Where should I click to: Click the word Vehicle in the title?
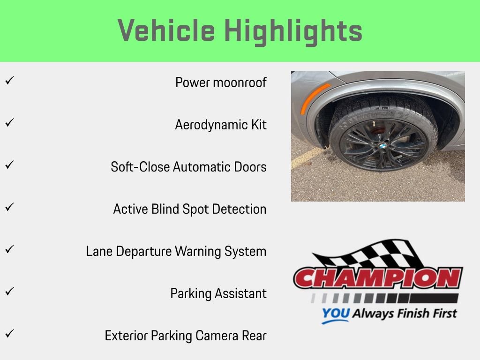166,30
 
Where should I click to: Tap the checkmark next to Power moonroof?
10,81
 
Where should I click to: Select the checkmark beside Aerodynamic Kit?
10,123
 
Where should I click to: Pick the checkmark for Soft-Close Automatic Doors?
10,165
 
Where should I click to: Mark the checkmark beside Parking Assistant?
10,291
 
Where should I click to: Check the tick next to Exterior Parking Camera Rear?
10,333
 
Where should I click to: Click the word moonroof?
240,82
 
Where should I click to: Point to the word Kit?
259,125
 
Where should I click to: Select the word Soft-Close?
140,167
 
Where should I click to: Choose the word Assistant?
240,293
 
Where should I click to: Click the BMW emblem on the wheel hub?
382,146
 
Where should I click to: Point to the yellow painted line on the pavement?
307,157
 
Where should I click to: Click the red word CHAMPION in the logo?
378,278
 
